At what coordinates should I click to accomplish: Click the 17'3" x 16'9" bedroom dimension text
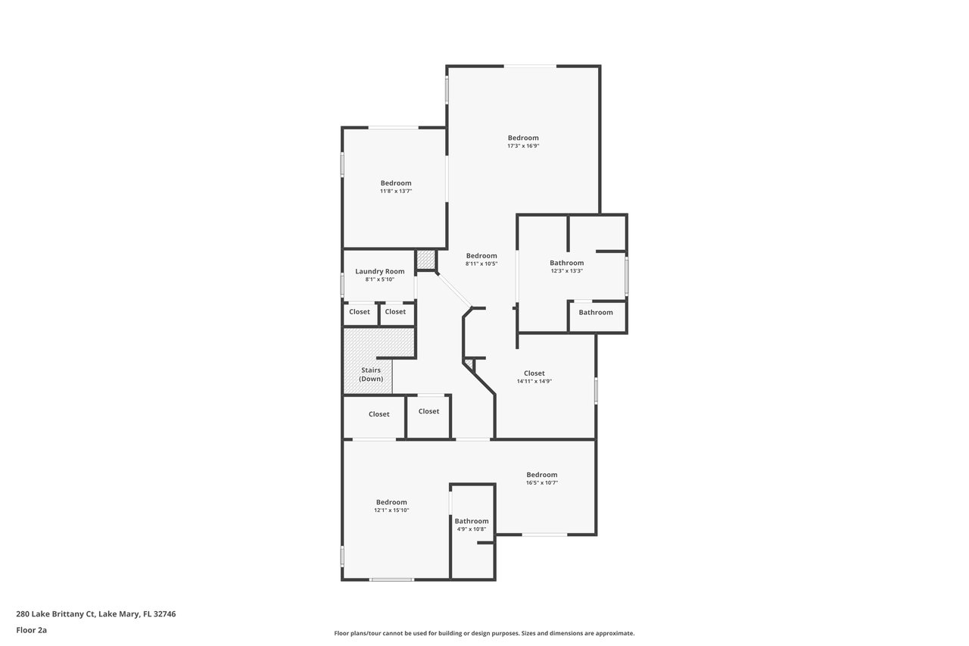pos(523,146)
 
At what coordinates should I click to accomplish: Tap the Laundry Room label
pos(380,271)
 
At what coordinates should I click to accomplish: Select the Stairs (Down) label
pos(371,374)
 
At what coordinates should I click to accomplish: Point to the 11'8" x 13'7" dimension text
pos(396,191)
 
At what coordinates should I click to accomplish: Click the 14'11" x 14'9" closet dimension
pos(534,381)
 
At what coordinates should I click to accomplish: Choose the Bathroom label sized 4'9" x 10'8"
pos(472,521)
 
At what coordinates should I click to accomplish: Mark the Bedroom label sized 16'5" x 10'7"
pos(541,475)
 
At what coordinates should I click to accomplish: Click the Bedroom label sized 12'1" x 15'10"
pos(391,502)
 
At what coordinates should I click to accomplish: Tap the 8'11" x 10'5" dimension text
pos(481,264)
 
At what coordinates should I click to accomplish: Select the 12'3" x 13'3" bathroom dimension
pos(567,271)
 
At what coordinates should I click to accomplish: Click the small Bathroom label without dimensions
pos(596,313)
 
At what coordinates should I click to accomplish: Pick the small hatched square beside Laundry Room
pos(425,260)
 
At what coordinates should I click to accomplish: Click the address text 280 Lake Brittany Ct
pos(55,614)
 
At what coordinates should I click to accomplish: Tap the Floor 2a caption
pos(31,630)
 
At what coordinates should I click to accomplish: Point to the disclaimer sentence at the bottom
pos(484,633)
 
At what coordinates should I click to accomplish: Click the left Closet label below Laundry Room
pos(360,311)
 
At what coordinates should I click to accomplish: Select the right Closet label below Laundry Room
pos(395,311)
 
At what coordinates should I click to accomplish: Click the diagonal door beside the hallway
pos(454,290)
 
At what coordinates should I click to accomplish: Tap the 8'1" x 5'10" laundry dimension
pos(380,279)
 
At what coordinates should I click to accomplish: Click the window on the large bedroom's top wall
pos(530,66)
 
